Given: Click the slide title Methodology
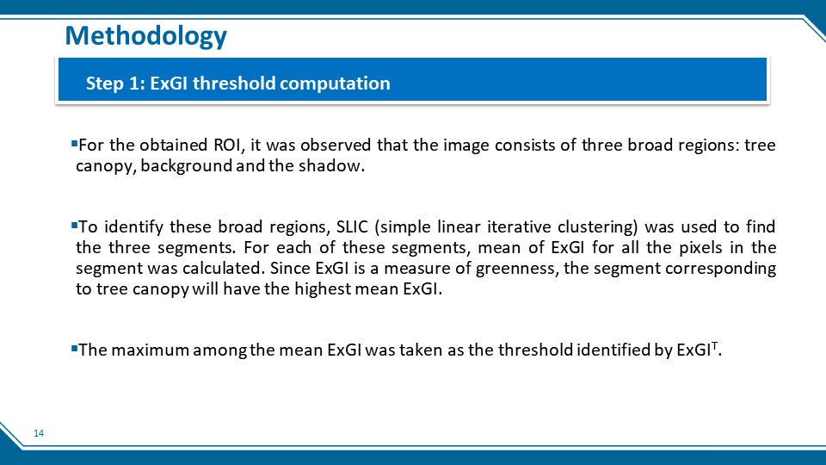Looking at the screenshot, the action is (146, 36).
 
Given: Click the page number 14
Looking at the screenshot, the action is (39, 433).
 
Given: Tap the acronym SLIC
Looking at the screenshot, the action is (353, 226).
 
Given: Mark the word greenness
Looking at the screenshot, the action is (517, 269).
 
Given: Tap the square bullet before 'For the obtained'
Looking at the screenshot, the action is (74, 143).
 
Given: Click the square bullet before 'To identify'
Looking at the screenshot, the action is (74, 225).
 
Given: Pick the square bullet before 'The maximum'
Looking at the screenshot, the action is (74, 348).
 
